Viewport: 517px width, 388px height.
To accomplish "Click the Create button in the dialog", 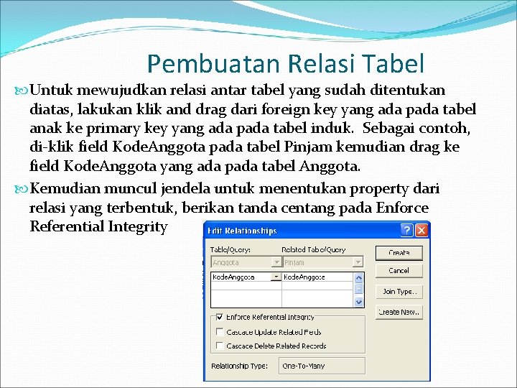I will click(x=399, y=253).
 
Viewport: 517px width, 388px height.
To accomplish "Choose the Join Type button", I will click(x=399, y=292).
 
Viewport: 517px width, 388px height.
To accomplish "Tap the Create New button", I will click(x=399, y=312).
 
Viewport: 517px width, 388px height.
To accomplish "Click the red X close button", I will click(x=421, y=231).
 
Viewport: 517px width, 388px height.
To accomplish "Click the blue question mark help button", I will click(x=407, y=231).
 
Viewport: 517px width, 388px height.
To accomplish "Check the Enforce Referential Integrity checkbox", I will click(x=218, y=317).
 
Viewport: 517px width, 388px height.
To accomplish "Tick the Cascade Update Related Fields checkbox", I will click(x=218, y=332).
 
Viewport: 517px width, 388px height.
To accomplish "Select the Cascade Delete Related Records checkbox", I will click(x=218, y=346).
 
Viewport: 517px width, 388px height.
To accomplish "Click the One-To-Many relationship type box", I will click(x=321, y=366).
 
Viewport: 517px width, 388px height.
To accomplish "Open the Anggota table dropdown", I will click(x=276, y=263).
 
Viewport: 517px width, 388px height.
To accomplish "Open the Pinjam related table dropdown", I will click(x=358, y=263).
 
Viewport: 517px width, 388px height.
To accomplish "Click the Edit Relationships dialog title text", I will click(x=241, y=231).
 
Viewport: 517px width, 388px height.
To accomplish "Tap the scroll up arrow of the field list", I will click(x=359, y=277).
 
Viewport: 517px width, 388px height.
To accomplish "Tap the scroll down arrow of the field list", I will click(x=359, y=304).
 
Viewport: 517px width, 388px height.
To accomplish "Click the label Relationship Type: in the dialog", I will click(x=239, y=366).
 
